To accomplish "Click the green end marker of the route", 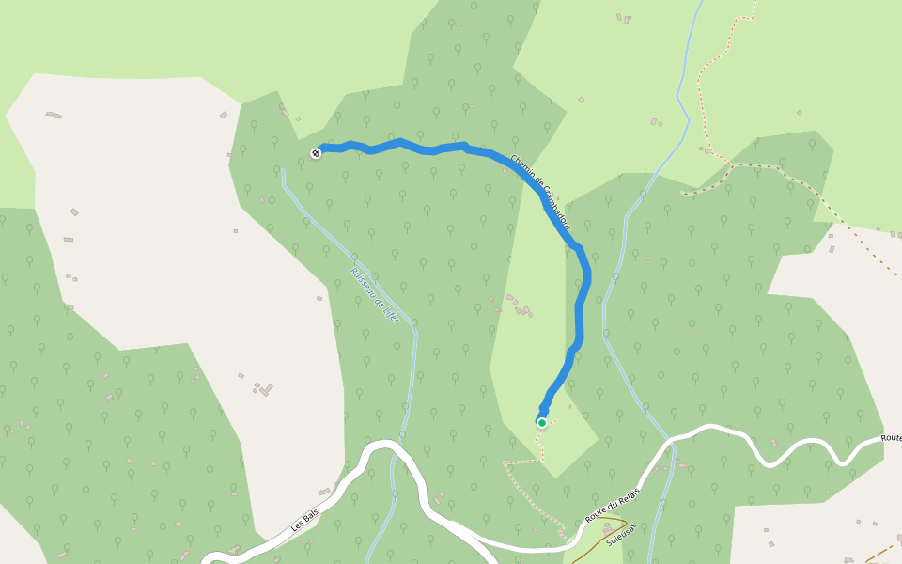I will pos(542,423).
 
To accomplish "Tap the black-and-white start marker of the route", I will pos(316,153).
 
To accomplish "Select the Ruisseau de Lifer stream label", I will pos(375,295).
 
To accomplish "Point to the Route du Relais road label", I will pos(613,506).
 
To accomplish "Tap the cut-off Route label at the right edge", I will pos(891,438).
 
